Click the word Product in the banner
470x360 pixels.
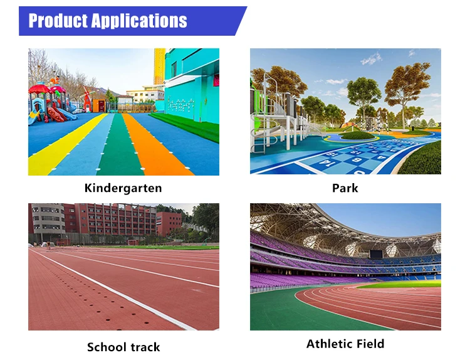point(58,21)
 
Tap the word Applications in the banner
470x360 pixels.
point(139,21)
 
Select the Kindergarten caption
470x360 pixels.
point(123,188)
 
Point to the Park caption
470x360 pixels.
point(345,188)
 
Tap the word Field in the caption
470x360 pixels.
point(370,344)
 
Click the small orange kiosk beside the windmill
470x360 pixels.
point(99,105)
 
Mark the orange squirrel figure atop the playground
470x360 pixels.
point(55,80)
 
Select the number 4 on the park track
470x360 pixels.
point(381,157)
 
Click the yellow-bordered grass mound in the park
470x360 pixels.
point(357,135)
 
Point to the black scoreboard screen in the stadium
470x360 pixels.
point(376,254)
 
